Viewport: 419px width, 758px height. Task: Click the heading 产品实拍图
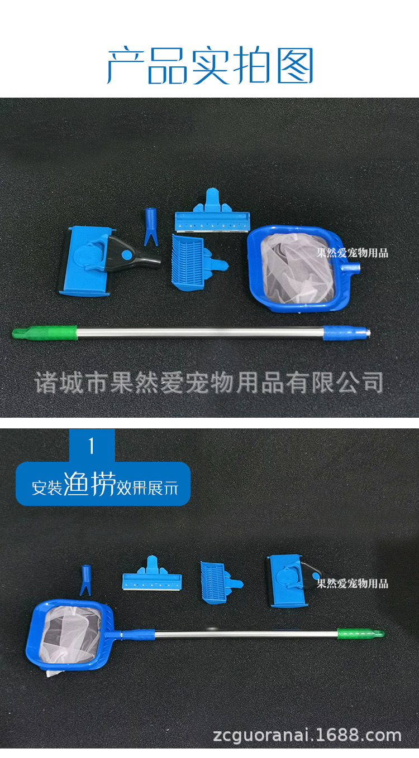click(210, 66)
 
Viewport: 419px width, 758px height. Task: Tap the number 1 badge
click(92, 446)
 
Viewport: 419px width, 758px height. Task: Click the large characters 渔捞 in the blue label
click(89, 484)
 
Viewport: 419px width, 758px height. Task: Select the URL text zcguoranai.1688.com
click(307, 735)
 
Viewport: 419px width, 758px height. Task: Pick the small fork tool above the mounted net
click(87, 580)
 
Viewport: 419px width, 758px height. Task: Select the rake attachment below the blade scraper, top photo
click(193, 260)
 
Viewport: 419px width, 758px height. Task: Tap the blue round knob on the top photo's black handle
click(126, 255)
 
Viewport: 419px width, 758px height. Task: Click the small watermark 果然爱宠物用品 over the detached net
click(352, 253)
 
